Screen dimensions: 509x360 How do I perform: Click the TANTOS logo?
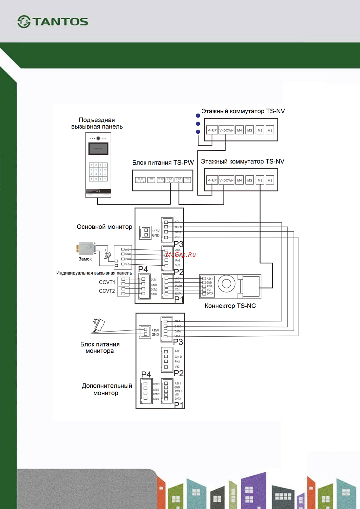pos(53,22)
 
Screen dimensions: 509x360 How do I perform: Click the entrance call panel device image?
pos(98,165)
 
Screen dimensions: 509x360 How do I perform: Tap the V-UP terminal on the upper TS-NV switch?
pos(212,130)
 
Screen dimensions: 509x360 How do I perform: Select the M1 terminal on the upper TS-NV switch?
pos(270,130)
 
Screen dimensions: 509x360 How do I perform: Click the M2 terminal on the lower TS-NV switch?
pos(260,180)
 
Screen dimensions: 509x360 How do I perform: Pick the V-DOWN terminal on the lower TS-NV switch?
pos(226,180)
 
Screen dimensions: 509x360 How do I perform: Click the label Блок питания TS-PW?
pos(163,163)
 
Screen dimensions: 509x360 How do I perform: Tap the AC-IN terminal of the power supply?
pos(140,180)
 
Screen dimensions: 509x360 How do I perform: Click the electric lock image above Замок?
pos(86,249)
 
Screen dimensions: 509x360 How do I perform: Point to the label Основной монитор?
pos(104,227)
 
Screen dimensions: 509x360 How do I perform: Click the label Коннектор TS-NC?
pos(230,306)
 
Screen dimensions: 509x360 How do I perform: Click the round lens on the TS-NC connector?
pos(226,284)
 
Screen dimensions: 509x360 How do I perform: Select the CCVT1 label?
pos(107,282)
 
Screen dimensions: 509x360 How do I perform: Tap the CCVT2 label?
pos(107,291)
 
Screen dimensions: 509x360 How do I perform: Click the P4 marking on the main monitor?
pos(143,269)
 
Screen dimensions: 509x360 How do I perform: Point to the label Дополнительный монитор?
pos(107,389)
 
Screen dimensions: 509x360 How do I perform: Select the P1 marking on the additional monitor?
pos(179,405)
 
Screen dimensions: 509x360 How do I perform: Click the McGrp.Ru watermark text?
pos(181,254)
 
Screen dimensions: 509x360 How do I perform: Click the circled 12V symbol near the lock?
pos(108,254)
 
